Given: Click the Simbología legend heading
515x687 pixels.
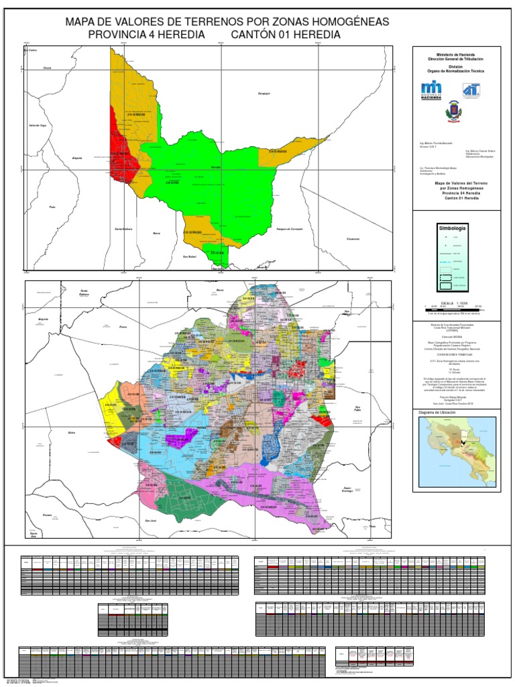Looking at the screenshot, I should click(x=452, y=228).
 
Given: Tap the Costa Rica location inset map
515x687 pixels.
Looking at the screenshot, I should click(x=456, y=453).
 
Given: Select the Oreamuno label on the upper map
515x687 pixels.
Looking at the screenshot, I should click(x=353, y=239).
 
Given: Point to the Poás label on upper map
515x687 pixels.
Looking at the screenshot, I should click(x=52, y=207).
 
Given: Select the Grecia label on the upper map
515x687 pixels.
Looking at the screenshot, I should click(x=47, y=68).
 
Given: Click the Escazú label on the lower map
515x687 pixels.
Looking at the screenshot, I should click(x=47, y=515).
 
